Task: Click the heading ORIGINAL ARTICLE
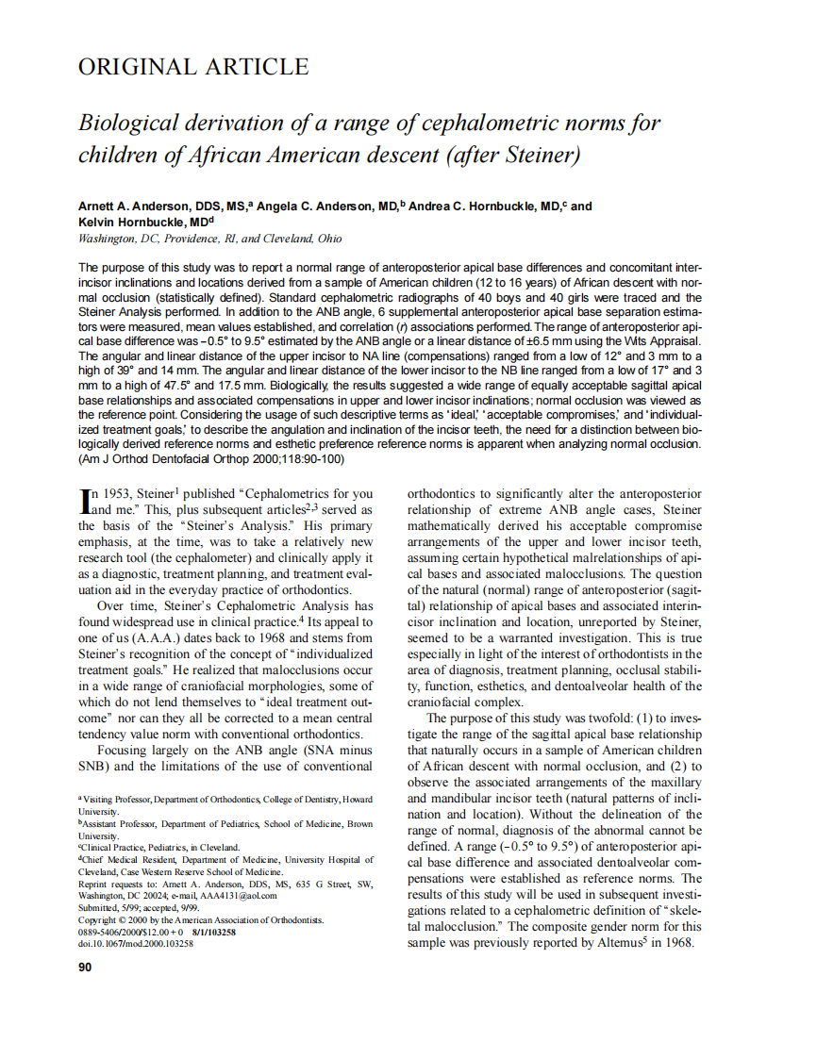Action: [x=192, y=67]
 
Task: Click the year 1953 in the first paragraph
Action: [x=120, y=493]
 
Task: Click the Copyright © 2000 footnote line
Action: [x=200, y=918]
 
